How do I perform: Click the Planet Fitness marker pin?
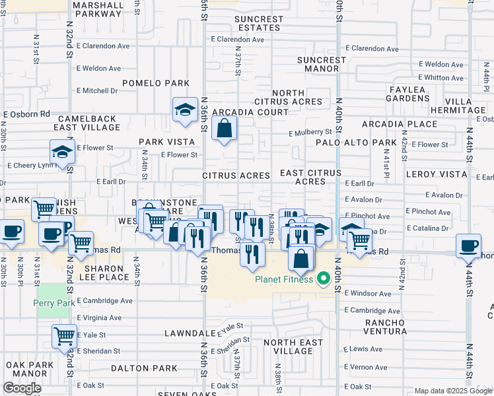(323, 280)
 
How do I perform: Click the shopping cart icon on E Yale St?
(64, 336)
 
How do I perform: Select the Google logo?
(22, 387)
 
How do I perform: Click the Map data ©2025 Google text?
(452, 391)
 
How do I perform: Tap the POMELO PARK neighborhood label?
(161, 83)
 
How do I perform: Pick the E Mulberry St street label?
(310, 132)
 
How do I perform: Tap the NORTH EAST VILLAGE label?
(293, 346)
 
